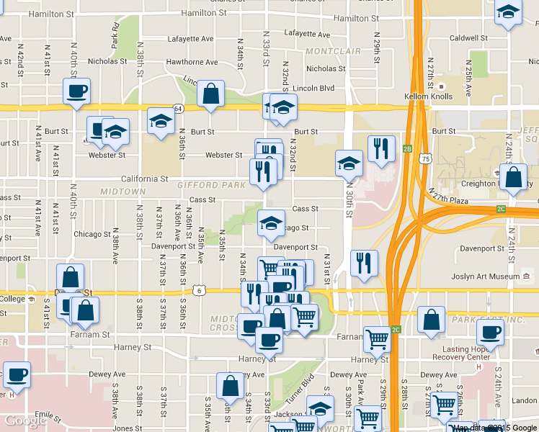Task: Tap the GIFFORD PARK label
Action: click(x=206, y=186)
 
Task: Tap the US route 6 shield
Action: click(x=197, y=291)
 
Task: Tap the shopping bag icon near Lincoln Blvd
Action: click(x=210, y=94)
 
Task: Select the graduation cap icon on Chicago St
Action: click(x=271, y=224)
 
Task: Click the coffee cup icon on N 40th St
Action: click(x=76, y=91)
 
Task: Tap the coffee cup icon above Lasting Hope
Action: click(x=491, y=333)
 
